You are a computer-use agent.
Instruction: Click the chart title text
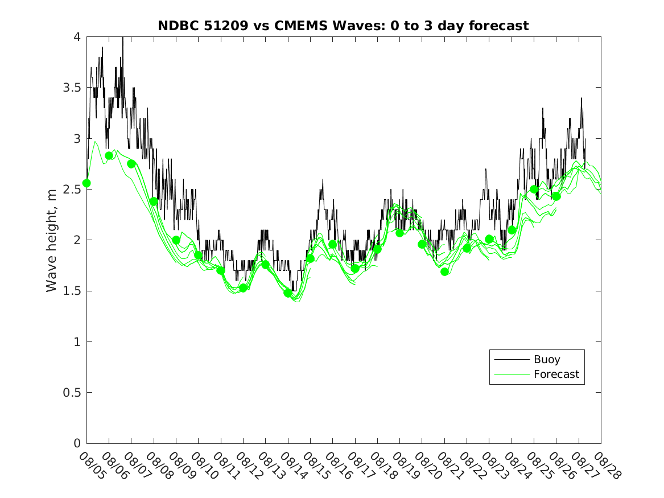343,26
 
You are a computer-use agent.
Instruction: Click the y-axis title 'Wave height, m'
52,240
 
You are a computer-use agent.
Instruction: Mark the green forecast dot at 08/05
86,183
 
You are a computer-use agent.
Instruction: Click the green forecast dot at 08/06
109,155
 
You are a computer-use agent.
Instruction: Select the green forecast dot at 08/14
288,293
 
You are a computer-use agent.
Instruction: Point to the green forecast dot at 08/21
445,271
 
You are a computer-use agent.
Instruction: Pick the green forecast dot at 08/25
534,190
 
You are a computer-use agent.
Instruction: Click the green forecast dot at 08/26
556,196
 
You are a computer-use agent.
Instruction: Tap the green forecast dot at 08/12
244,288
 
